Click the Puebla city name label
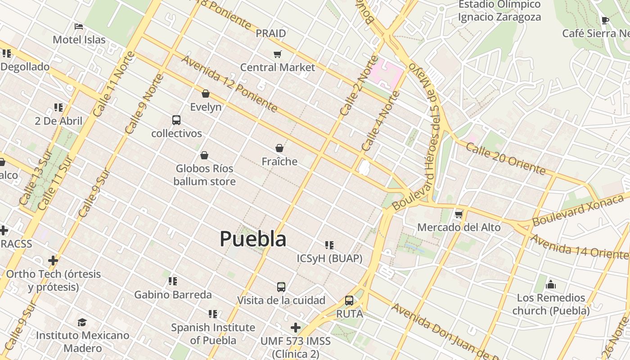[x=253, y=239]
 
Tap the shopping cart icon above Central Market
[x=278, y=54]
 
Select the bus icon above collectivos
[x=176, y=120]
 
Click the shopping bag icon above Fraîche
[x=279, y=148]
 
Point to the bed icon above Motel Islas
[x=79, y=27]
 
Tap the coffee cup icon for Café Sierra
[x=605, y=20]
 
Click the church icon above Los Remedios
[x=550, y=284]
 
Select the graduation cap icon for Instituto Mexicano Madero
[x=82, y=322]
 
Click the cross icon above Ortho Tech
[x=53, y=261]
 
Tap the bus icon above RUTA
[x=349, y=301]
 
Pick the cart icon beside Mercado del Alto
[x=459, y=214]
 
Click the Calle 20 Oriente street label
[x=505, y=159]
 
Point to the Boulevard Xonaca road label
[x=580, y=208]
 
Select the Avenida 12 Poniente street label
[x=229, y=84]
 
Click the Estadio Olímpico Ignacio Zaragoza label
[x=499, y=11]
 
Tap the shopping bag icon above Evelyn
[x=206, y=94]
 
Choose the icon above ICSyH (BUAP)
[x=329, y=245]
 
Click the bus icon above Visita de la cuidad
[x=281, y=287]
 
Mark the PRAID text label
[x=271, y=33]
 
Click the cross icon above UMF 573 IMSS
[x=296, y=328]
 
